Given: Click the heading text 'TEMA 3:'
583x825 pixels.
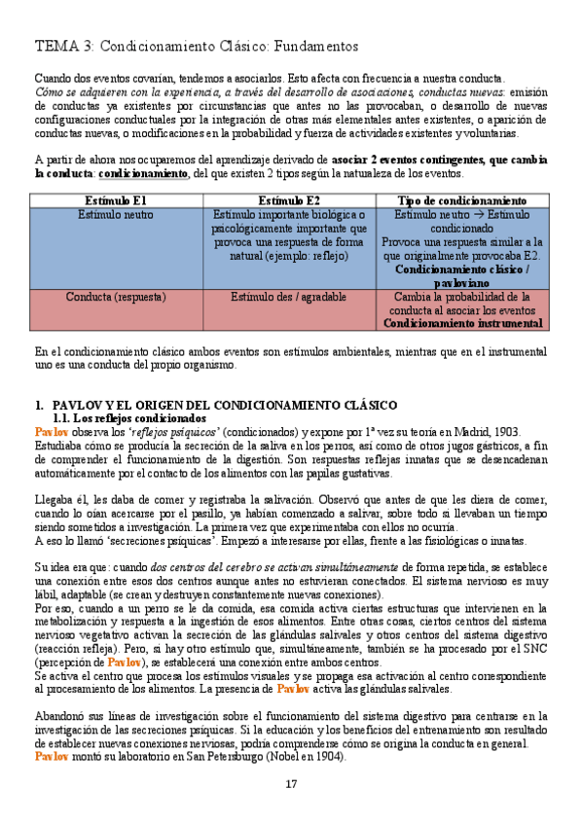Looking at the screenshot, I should tap(64, 46).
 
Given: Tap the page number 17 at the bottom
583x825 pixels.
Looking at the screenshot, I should tap(291, 784).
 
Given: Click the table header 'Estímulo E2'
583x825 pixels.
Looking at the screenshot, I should tap(289, 200).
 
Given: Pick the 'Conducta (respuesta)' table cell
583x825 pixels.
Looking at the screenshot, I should tap(115, 296).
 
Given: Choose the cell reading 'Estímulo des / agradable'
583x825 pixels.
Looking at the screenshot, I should tap(289, 296).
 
